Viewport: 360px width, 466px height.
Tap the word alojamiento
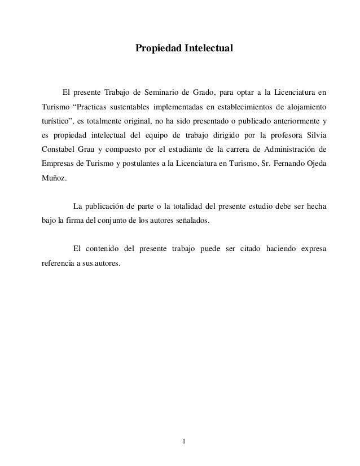[307, 107]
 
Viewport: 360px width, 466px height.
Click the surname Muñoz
[54, 181]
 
